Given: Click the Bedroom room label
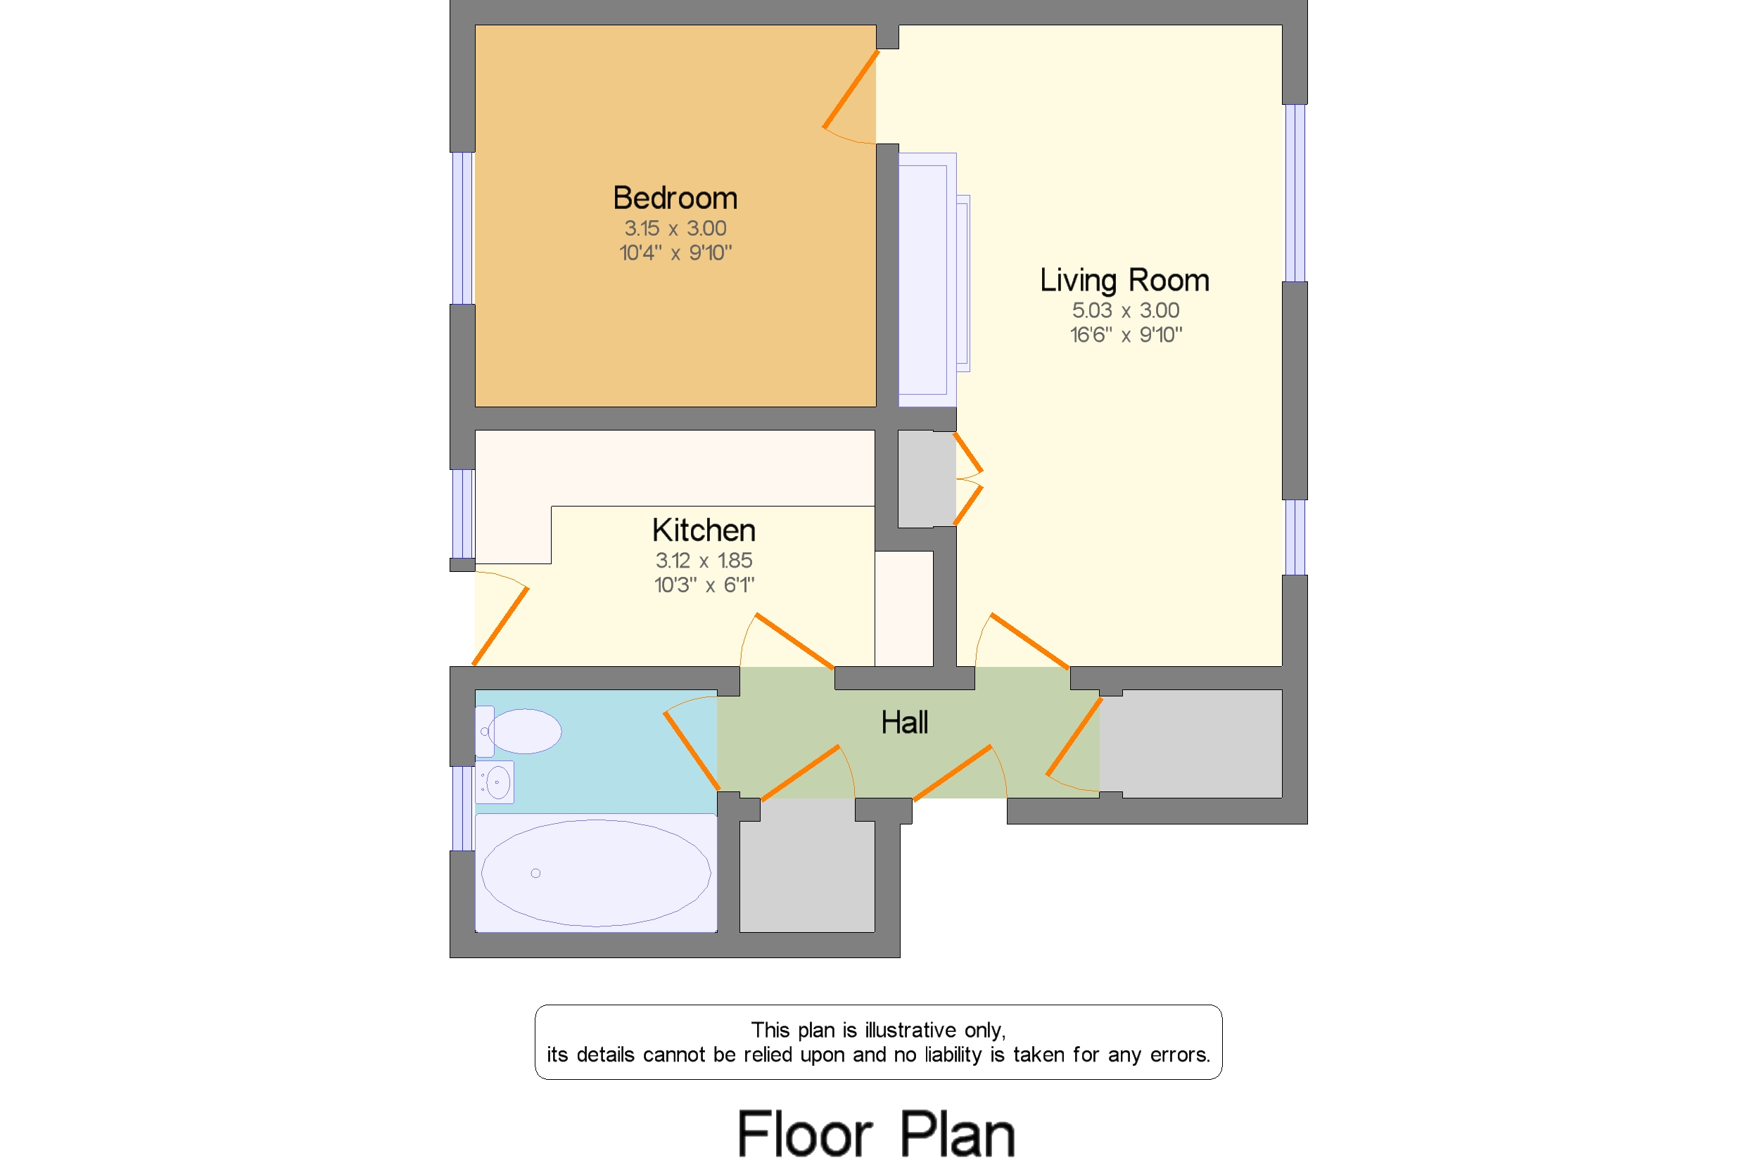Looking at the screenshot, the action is pos(674,198).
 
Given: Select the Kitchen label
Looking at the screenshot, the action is pos(704,530).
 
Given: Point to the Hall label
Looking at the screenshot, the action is pos(904,722).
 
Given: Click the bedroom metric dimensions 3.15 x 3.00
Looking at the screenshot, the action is pos(674,228).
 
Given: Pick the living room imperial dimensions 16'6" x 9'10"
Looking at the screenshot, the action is pos(1125,334).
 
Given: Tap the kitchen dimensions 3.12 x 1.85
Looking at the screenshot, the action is pos(704,560).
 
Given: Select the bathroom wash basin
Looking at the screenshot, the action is pos(495,782).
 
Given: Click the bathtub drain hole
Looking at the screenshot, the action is pos(535,873).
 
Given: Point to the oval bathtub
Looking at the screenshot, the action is pos(596,873).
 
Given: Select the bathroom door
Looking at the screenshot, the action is pos(692,751).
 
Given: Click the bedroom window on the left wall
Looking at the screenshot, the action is pos(462,228).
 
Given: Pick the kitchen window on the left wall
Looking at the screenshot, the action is pos(462,514).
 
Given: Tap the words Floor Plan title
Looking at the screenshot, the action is pos(875,1134).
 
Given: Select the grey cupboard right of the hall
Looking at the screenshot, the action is pos(1190,744).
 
